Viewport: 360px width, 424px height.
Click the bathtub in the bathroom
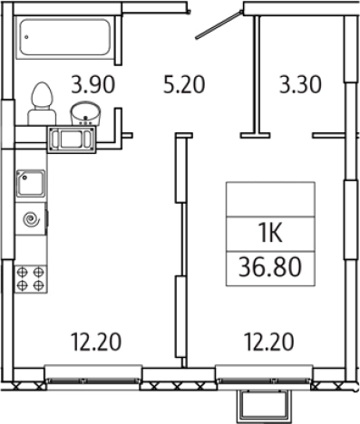point(64,37)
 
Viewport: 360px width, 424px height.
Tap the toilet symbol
point(42,104)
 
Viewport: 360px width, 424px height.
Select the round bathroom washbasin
point(85,113)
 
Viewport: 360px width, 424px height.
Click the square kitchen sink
point(31,184)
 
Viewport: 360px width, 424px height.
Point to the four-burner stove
point(31,279)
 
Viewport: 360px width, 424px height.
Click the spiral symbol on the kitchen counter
point(32,219)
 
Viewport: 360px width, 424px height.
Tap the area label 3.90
point(93,84)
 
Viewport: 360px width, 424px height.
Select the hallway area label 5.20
point(184,84)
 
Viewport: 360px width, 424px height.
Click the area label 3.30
point(300,84)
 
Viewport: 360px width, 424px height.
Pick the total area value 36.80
point(270,267)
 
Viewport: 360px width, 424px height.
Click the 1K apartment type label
point(271,233)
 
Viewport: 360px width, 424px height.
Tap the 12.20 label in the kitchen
point(96,342)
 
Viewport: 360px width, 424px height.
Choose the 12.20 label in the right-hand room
point(268,342)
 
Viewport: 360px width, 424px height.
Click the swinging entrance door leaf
point(219,24)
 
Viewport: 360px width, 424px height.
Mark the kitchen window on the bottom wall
point(93,374)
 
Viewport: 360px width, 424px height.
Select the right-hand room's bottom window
point(265,374)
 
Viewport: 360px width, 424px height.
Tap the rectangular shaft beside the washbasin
point(72,140)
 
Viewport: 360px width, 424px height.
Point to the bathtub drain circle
point(27,37)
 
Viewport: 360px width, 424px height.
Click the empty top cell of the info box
point(270,199)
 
